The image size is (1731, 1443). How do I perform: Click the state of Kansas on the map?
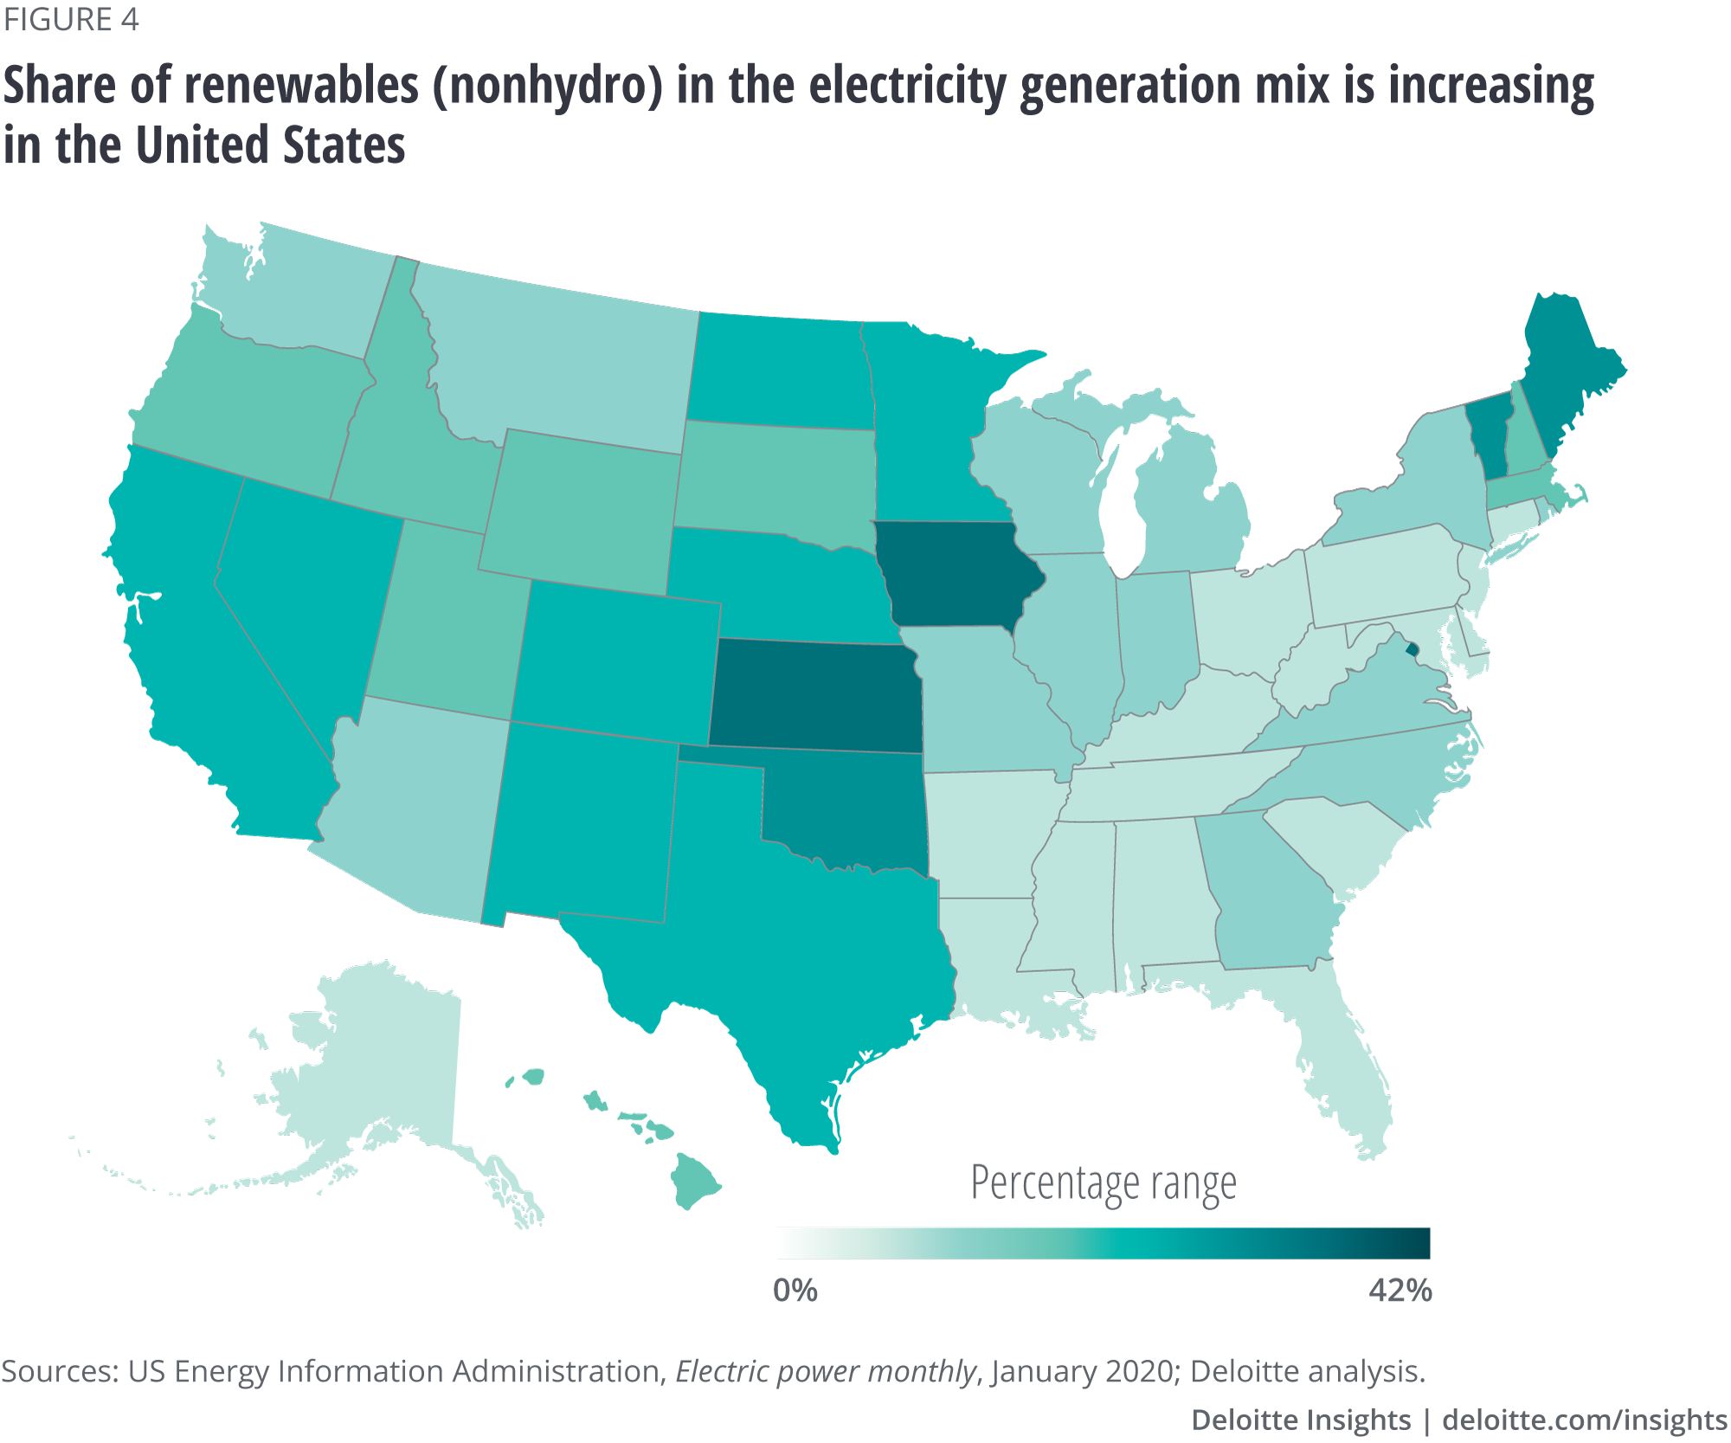pyautogui.click(x=814, y=697)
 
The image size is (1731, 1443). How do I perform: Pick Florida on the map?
pyautogui.click(x=1350, y=1065)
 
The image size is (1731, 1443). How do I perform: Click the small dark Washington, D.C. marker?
pyautogui.click(x=1412, y=648)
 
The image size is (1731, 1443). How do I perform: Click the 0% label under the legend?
pyautogui.click(x=795, y=1291)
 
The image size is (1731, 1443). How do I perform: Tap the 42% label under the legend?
pyautogui.click(x=1400, y=1291)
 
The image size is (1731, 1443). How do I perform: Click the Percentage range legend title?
pyautogui.click(x=1104, y=1183)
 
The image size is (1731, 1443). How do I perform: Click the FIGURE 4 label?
pyautogui.click(x=71, y=20)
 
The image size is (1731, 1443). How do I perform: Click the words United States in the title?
pyautogui.click(x=271, y=145)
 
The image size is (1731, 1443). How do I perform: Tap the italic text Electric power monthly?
pyautogui.click(x=826, y=1372)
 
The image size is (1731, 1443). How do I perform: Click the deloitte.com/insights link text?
pyautogui.click(x=1584, y=1420)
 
